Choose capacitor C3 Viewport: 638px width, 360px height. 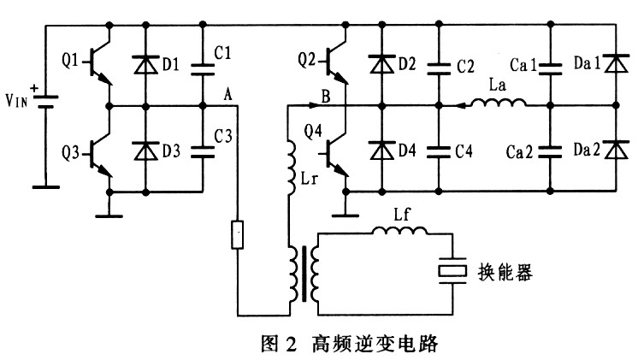pos(203,150)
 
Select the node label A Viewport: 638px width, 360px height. pos(227,92)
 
